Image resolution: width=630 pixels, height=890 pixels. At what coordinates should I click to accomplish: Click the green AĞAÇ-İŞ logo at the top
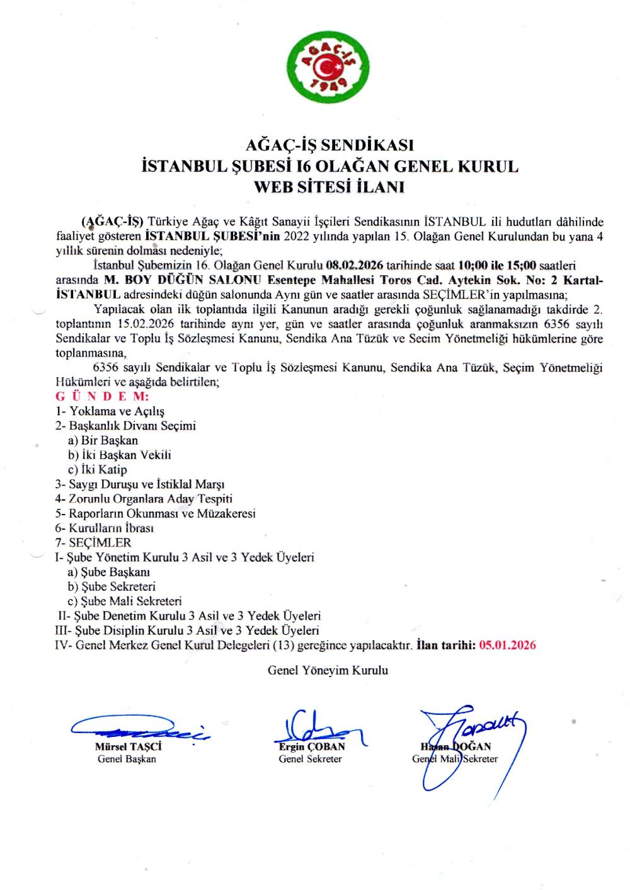point(328,67)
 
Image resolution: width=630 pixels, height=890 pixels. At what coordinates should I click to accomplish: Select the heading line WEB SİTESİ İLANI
point(329,187)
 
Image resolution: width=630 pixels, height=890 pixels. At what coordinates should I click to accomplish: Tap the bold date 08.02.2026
point(355,265)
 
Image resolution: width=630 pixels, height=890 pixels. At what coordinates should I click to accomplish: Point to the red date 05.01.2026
point(507,645)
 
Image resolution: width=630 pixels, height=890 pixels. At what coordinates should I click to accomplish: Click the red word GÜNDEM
point(102,396)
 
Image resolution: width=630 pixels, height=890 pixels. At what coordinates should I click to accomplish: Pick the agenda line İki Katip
point(98,469)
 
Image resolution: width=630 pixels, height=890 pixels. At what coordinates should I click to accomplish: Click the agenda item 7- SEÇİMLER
point(93,542)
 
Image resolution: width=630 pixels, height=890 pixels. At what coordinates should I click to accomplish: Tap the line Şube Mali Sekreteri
point(125,601)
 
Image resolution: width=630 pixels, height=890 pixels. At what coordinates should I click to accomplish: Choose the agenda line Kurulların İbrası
point(104,528)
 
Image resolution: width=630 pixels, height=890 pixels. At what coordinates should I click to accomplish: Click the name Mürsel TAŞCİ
point(129,746)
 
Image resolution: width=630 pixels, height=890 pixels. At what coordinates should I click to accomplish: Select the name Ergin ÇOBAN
point(312,746)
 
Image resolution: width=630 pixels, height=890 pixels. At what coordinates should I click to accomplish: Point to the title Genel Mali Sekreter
point(455,759)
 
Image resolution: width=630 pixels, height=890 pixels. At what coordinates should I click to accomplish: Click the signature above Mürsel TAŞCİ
point(139,729)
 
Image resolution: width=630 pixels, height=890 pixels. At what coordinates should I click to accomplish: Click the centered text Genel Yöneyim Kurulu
point(328,670)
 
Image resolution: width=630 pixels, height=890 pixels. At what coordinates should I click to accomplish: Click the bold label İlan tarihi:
point(446,645)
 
